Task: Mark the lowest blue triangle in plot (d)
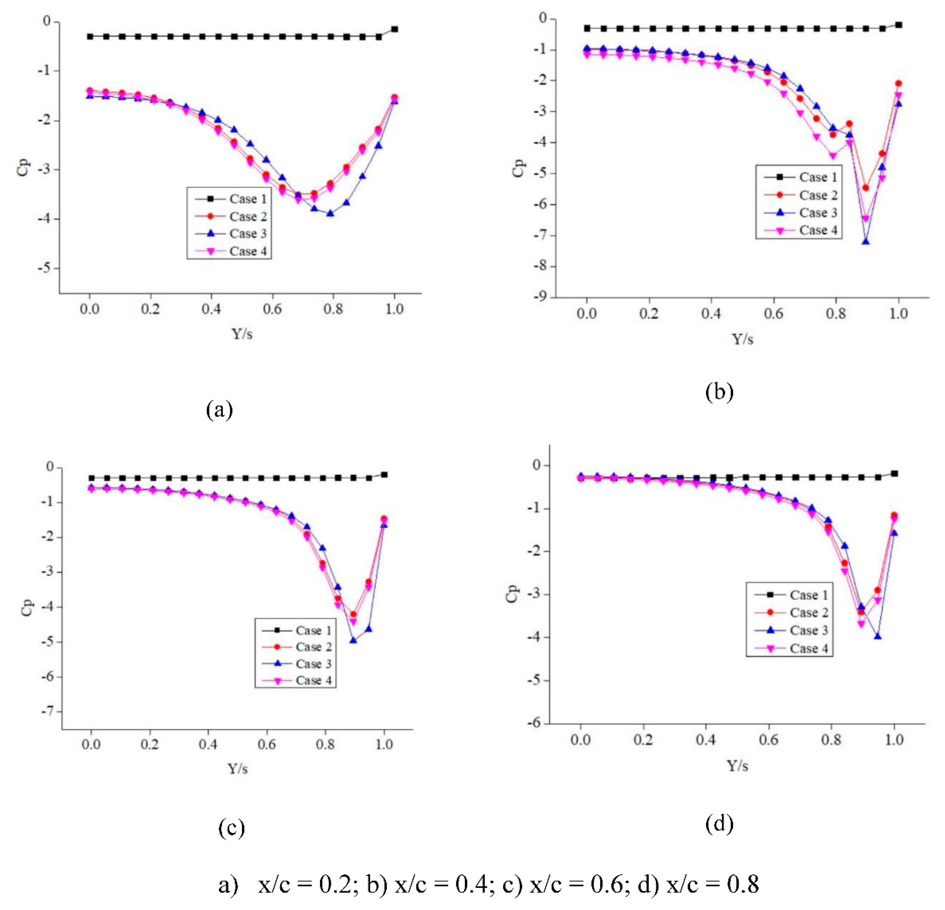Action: click(878, 636)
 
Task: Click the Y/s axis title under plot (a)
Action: click(242, 334)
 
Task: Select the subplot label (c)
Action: click(231, 828)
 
